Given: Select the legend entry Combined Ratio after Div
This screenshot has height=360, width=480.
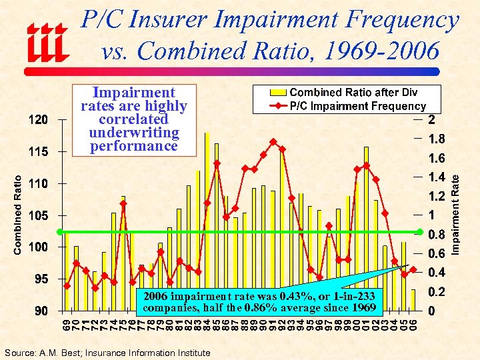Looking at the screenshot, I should (353, 92).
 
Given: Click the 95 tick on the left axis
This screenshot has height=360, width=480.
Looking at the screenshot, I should (41, 279).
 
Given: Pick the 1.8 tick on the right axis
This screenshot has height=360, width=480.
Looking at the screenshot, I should (437, 139).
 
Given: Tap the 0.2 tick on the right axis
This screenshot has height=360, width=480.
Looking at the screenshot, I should (437, 292).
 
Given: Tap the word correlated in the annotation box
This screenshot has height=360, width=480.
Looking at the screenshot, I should (133, 119).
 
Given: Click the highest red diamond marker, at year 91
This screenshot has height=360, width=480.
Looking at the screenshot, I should (273, 141).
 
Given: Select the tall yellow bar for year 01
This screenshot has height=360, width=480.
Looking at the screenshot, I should (367, 227).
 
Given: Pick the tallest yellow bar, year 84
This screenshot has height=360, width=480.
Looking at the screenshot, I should (207, 220).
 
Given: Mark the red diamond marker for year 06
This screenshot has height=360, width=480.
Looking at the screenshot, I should (413, 269).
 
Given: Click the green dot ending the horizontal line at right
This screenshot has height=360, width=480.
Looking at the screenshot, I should (419, 232).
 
